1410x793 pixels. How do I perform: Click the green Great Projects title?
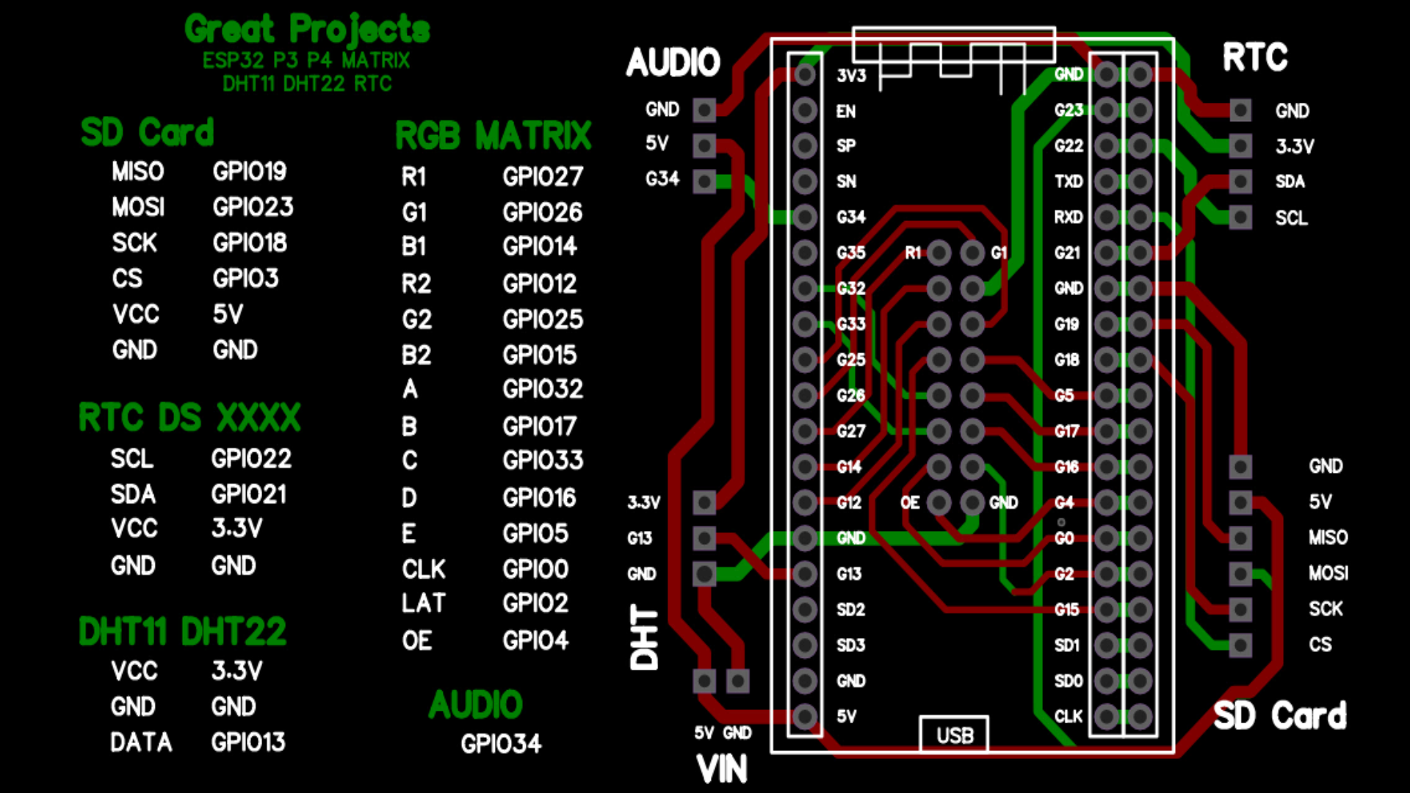[x=307, y=29]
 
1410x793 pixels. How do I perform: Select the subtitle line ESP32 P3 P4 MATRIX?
[x=306, y=60]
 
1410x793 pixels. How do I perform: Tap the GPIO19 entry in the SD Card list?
[x=250, y=171]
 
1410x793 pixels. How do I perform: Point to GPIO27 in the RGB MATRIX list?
[x=543, y=176]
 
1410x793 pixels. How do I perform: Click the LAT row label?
[x=423, y=603]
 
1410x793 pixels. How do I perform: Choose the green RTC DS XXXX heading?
[x=189, y=417]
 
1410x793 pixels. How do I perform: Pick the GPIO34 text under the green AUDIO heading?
[x=501, y=744]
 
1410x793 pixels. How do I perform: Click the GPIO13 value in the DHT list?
[x=248, y=742]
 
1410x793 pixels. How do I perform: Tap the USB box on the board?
[x=954, y=734]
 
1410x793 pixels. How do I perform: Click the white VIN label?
[x=722, y=770]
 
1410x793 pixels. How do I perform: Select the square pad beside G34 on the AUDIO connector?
[x=704, y=181]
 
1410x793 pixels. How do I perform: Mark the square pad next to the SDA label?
[x=1240, y=181]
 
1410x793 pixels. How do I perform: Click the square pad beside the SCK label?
[x=1240, y=609]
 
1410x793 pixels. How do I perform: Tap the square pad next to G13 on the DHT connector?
[x=704, y=538]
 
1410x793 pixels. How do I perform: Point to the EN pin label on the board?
[x=846, y=111]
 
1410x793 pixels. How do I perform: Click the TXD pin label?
[x=1069, y=181]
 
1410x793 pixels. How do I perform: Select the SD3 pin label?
[x=850, y=645]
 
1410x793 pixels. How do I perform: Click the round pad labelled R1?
[x=939, y=253]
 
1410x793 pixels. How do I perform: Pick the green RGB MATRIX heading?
[x=493, y=136]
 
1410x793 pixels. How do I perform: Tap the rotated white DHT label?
[x=645, y=637]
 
